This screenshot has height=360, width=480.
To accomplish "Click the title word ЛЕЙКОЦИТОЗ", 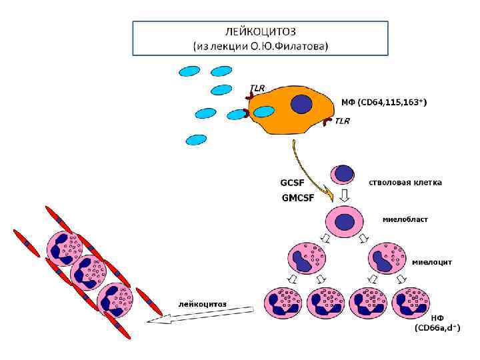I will (x=260, y=31).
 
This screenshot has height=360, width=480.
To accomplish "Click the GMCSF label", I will (x=298, y=197).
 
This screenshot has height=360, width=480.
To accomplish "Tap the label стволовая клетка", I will (x=405, y=182).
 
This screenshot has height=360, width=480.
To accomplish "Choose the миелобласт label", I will (x=405, y=219).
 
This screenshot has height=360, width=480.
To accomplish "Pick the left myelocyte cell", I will (x=307, y=259).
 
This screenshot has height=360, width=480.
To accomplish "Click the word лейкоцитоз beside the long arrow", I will (x=202, y=303).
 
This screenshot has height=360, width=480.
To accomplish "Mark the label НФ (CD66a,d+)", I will (x=437, y=323).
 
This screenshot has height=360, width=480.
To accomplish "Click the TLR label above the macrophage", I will (x=257, y=87).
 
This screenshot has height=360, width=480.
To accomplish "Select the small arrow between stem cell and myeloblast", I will (x=345, y=195).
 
